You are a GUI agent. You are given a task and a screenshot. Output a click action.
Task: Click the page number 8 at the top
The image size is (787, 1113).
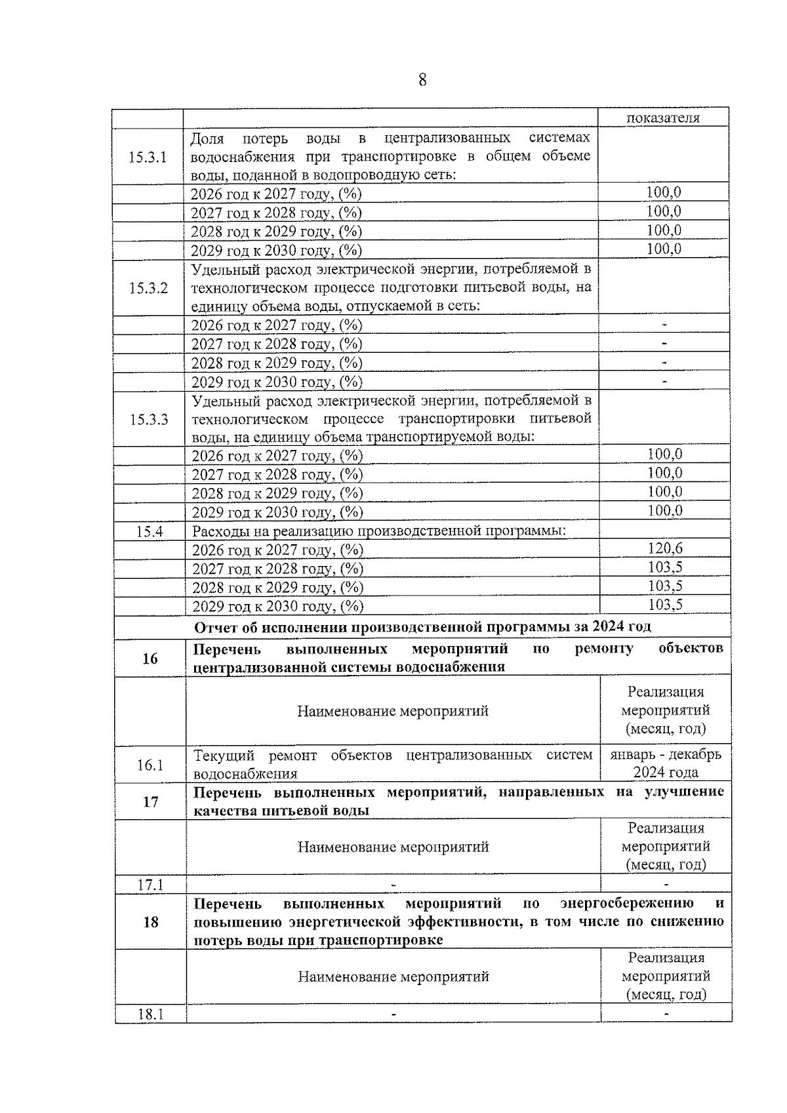[422, 80]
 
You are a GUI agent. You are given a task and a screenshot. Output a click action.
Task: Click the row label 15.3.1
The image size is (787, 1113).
[148, 157]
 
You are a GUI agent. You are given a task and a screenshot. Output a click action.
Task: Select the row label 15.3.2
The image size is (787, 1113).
[148, 289]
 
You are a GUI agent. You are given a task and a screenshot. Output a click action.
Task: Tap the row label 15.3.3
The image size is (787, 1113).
[148, 420]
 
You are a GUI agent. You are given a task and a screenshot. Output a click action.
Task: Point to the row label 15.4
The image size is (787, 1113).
[149, 532]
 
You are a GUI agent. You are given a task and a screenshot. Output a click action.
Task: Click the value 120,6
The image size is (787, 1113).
[665, 548]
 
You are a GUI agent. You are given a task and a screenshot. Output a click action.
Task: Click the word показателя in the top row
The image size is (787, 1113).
[663, 118]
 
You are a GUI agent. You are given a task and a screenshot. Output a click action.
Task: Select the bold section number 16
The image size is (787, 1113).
[150, 658]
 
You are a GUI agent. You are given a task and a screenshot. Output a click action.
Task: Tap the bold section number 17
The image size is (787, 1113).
[151, 801]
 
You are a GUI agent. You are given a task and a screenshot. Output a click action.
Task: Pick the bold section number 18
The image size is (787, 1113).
[151, 922]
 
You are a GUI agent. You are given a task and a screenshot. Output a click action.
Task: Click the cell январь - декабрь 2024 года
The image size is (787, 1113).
[665, 763]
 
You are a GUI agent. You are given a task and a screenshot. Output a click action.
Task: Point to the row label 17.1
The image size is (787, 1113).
[150, 885]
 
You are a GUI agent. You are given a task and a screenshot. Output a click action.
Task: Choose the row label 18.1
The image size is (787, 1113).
[150, 1015]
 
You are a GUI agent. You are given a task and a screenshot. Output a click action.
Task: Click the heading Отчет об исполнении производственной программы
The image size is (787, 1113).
[422, 626]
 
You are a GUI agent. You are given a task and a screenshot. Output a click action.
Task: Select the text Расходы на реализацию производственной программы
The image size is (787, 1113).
[379, 531]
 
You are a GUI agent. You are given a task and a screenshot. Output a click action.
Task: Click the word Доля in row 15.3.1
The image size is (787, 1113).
[207, 138]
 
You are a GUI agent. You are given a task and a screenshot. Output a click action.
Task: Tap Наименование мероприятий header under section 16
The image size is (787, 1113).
[393, 711]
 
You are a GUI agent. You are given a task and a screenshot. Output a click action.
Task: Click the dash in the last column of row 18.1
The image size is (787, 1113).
[666, 1015]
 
